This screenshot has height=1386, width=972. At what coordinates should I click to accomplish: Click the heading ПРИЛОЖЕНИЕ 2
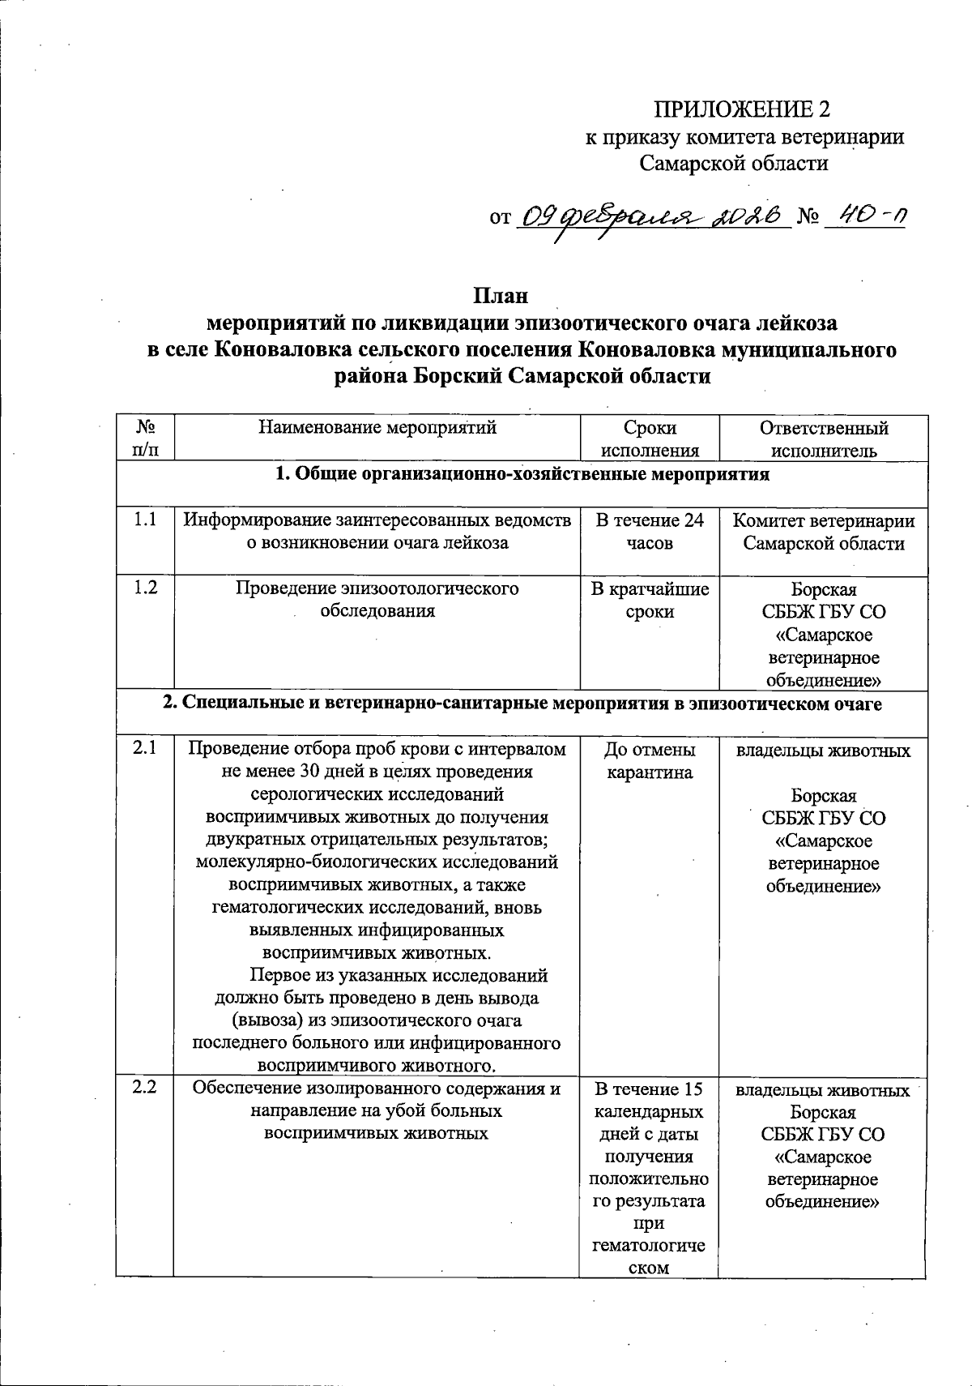point(743,109)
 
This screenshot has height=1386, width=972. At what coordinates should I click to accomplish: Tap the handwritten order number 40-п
point(864,216)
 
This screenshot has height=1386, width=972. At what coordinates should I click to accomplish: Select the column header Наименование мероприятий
point(377,427)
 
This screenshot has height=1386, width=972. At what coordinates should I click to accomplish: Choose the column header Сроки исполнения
point(650,438)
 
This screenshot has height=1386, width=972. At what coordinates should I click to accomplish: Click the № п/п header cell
point(145,438)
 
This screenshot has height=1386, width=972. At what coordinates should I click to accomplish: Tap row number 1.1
point(145,520)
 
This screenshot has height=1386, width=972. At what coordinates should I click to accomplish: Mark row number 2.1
point(145,750)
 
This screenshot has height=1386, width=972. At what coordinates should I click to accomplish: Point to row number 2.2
point(145,1089)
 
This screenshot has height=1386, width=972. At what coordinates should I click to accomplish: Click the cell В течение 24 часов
point(650,532)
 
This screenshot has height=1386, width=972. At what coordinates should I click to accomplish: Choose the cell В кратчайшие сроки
point(650,600)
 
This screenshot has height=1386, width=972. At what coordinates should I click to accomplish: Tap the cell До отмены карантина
point(650,761)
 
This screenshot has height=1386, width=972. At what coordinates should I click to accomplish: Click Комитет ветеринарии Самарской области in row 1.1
point(823,532)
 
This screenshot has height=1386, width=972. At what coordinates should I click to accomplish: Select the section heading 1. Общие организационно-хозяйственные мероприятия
point(522,475)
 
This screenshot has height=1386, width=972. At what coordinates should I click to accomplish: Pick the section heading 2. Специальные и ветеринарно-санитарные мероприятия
point(522,704)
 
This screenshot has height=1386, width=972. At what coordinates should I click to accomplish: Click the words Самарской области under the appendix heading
point(735,164)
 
